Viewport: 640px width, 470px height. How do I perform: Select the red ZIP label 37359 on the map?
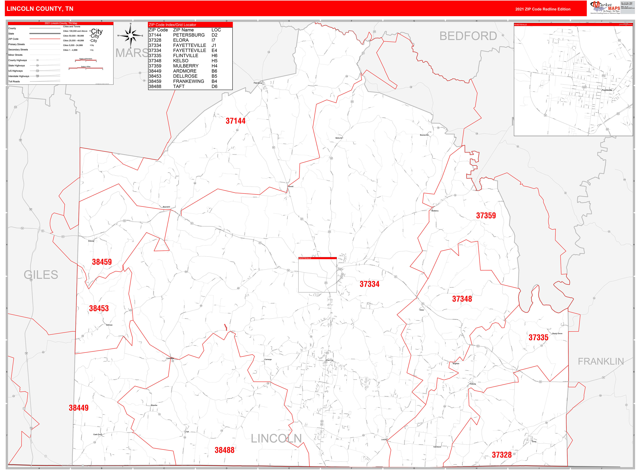coord(486,216)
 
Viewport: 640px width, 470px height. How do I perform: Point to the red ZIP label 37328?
coord(501,455)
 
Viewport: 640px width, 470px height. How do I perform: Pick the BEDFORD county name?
coord(468,36)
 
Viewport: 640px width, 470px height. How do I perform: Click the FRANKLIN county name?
coord(601,361)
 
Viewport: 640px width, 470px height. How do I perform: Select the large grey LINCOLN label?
coord(276,438)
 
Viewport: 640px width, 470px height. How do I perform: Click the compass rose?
coord(131,36)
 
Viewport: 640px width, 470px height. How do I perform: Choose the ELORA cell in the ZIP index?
coord(181,40)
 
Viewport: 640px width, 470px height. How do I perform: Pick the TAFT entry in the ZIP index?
coord(179,86)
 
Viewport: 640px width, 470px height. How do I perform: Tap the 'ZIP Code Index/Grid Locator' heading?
coord(173,25)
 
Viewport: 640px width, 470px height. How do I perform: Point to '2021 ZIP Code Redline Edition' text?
coord(543,9)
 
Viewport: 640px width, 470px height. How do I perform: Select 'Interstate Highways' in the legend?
coord(19,76)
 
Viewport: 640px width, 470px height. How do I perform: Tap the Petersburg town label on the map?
coord(258,83)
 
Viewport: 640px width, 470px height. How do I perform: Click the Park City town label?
coord(329,360)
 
